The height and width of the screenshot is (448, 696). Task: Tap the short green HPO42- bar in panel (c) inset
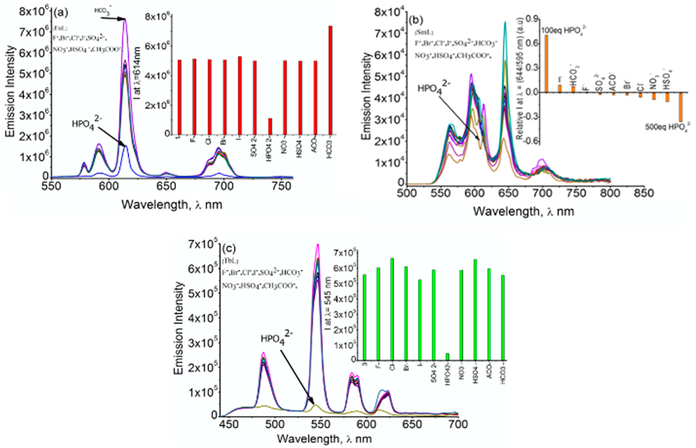coord(447,356)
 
